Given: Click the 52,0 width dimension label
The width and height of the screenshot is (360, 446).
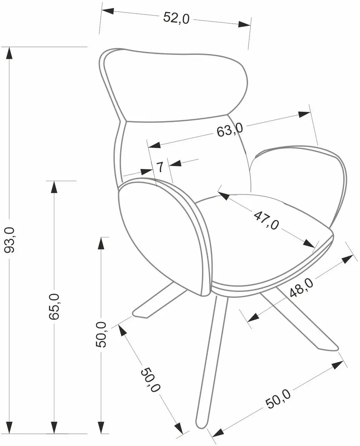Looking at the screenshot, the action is click(176, 18).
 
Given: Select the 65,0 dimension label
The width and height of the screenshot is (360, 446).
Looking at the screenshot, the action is click(54, 306).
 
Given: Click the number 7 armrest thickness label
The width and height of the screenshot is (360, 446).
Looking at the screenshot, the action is click(160, 167).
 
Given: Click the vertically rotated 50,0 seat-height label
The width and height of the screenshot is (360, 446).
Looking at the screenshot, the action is click(101, 334).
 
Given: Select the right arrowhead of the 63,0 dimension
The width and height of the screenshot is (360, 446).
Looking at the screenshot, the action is click(304, 115).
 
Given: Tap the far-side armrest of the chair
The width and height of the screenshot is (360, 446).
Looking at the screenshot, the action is click(298, 182).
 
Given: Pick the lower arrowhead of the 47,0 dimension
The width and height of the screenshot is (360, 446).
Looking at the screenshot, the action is click(309, 244).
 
